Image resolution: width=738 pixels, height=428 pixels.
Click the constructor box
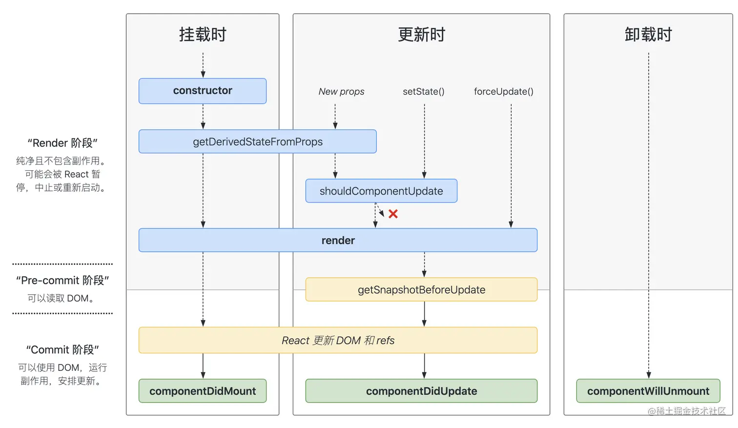tap(203, 91)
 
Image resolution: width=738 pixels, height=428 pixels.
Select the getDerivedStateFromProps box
tap(257, 142)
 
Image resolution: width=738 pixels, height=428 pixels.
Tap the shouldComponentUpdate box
tap(381, 191)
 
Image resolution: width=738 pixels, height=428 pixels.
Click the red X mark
tap(393, 214)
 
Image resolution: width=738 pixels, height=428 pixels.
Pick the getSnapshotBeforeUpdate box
tap(421, 289)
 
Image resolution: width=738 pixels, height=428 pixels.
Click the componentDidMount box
tap(203, 391)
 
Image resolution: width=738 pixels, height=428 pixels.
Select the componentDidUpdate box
tap(421, 391)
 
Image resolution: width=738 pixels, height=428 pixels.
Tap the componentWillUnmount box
tap(648, 391)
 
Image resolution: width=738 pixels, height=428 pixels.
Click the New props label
tap(341, 92)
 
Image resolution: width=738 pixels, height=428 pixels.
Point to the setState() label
tap(423, 92)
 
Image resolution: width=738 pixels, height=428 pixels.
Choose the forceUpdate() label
tap(503, 92)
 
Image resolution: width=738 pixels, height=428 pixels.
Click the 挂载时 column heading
tap(203, 35)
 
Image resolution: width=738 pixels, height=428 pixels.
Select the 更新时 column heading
tap(421, 35)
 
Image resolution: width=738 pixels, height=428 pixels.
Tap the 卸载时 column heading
tap(648, 35)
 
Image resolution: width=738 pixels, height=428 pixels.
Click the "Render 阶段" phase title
tap(62, 143)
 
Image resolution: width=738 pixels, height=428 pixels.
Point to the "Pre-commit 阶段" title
tap(62, 280)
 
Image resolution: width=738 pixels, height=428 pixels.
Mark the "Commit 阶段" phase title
tap(62, 349)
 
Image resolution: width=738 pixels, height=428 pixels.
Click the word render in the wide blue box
tap(338, 240)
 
